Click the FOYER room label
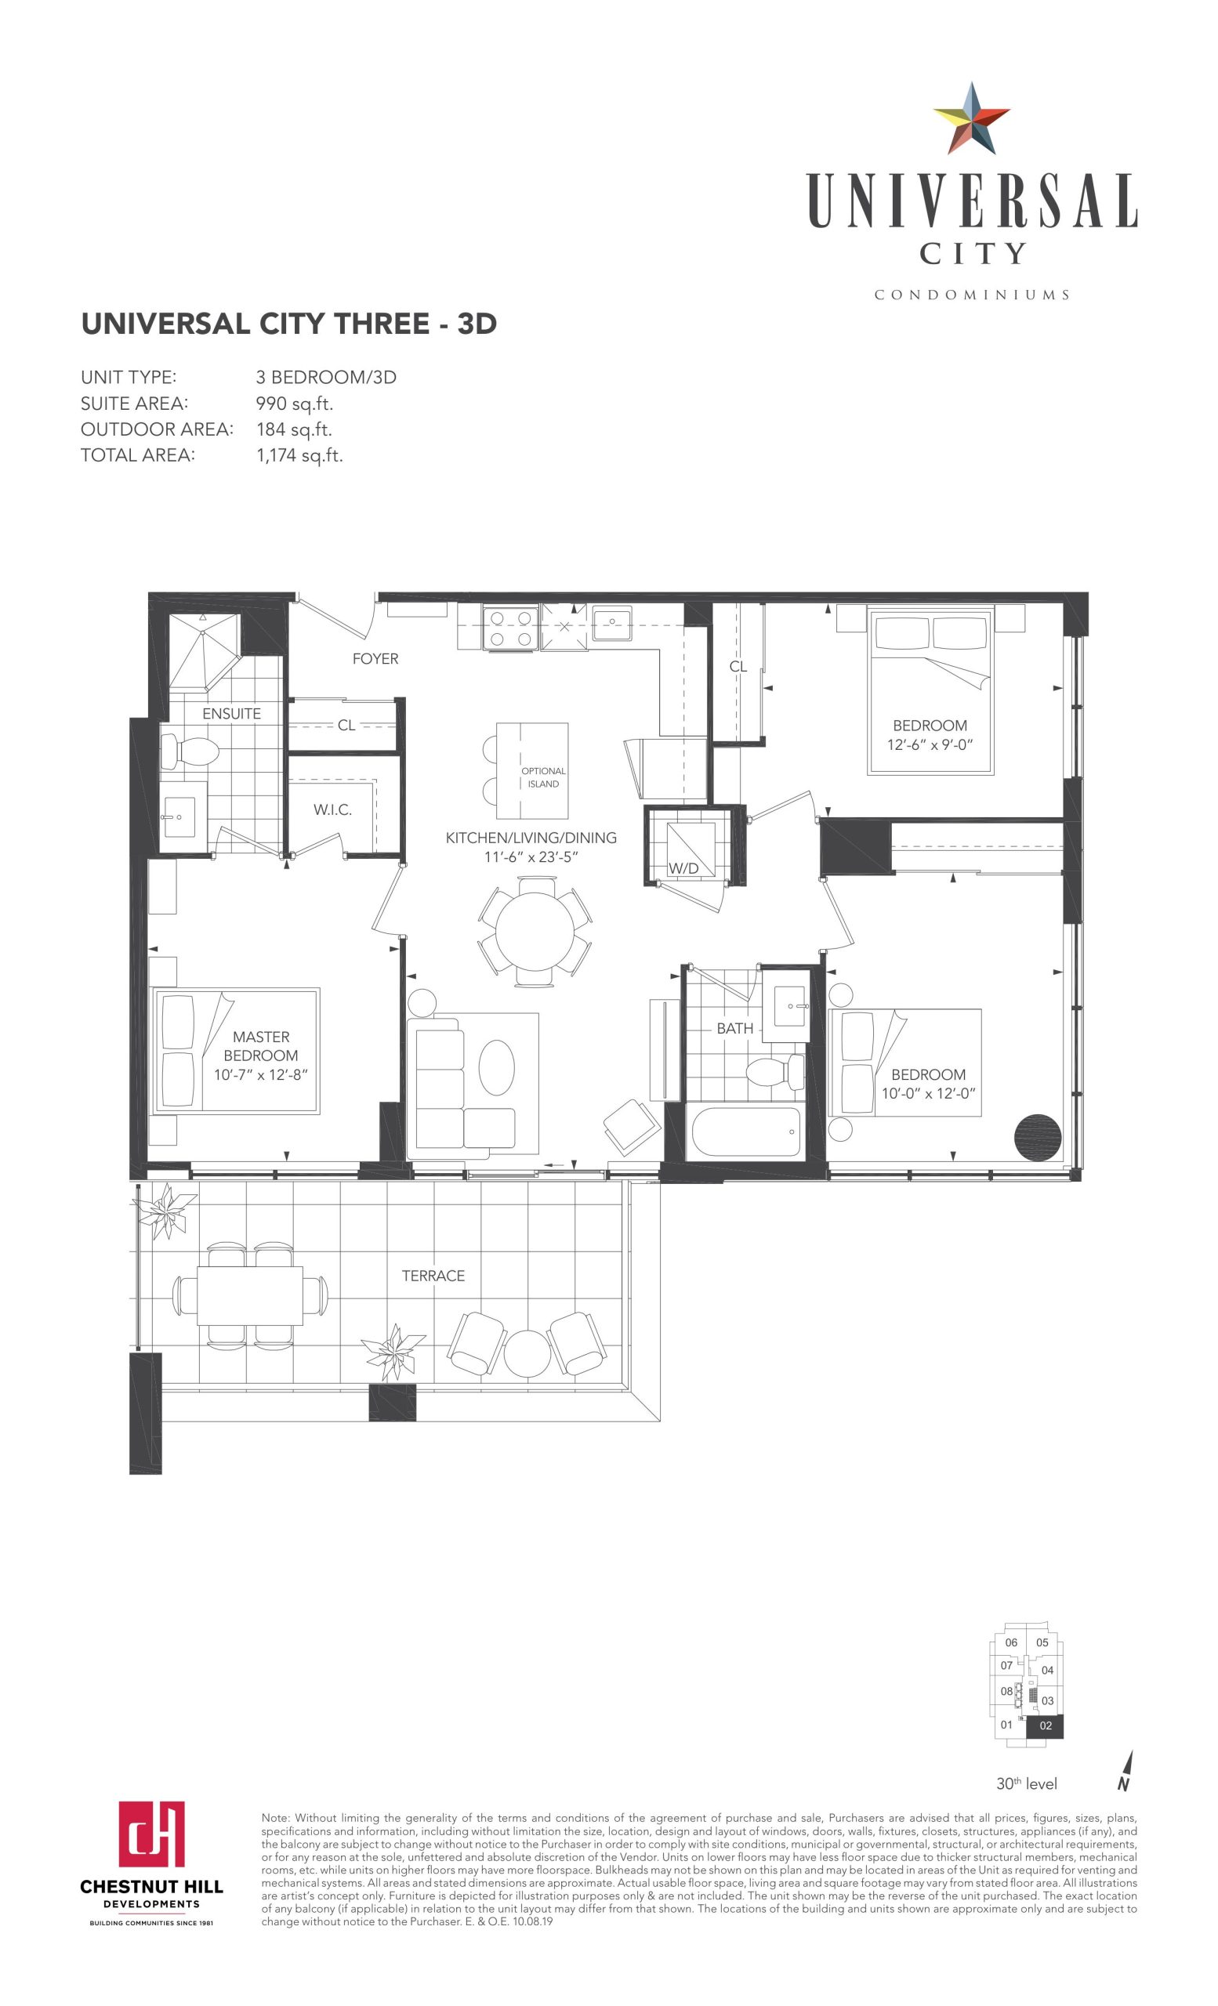(x=375, y=659)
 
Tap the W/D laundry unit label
(x=683, y=868)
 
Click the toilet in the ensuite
(x=189, y=751)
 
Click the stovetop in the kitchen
(x=509, y=628)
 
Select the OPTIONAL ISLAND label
(x=543, y=777)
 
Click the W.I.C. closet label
(x=332, y=810)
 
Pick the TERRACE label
(x=433, y=1276)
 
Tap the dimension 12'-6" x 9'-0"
(x=930, y=745)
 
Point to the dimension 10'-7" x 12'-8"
(x=260, y=1074)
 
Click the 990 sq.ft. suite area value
(x=295, y=404)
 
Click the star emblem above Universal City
(x=971, y=119)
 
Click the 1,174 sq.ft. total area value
(x=299, y=456)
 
